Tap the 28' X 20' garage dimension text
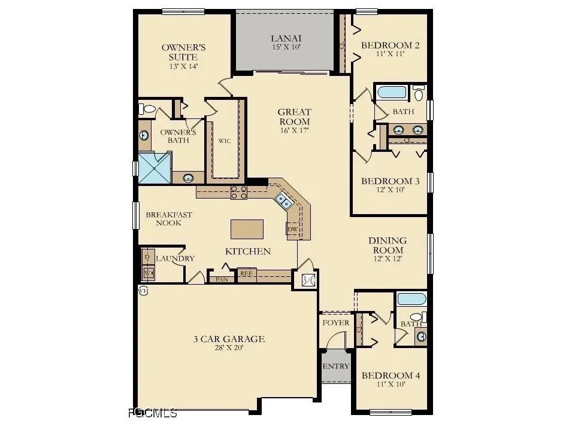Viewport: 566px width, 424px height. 228,348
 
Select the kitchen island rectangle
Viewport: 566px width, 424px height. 247,229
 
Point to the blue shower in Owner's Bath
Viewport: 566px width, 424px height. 155,168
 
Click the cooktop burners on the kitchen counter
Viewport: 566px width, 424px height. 239,192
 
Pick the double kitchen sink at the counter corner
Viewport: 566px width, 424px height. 283,202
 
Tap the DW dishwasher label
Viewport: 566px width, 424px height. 293,229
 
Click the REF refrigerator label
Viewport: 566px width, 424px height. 245,273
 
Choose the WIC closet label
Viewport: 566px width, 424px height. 225,141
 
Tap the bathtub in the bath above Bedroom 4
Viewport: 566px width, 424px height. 411,298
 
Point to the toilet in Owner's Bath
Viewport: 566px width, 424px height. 147,109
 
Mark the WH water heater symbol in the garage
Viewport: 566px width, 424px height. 143,290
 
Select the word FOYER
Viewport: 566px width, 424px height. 335,323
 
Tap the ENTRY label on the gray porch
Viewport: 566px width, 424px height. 335,366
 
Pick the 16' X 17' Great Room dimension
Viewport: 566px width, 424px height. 294,130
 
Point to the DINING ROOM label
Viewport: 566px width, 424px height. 388,245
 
